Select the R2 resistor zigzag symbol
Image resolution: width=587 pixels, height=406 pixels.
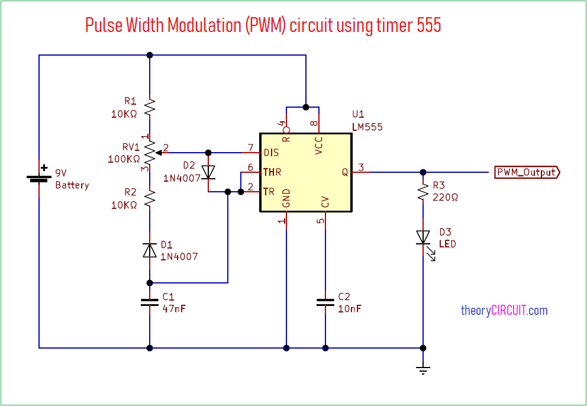[x=150, y=198]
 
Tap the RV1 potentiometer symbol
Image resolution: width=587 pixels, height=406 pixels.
[x=150, y=152]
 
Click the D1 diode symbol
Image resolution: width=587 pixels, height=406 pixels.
[x=150, y=250]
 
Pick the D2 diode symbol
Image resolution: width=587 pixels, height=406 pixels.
[x=208, y=172]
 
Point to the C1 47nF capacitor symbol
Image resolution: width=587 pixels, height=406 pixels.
[x=150, y=302]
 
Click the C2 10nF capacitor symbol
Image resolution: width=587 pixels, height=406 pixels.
[x=325, y=302]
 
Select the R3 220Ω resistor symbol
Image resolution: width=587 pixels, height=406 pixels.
[x=422, y=191]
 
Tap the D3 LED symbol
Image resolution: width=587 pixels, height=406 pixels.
[x=422, y=237]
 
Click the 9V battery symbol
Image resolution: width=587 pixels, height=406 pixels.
[x=39, y=178]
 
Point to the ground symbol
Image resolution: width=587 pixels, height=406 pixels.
[x=422, y=370]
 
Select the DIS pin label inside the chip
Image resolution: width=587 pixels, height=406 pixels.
[x=271, y=153]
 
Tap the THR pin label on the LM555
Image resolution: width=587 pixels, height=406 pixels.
[x=272, y=172]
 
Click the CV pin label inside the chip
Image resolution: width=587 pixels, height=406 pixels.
[x=325, y=201]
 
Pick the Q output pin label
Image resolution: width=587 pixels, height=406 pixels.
[x=344, y=172]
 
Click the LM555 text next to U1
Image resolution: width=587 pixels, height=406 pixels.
[x=367, y=127]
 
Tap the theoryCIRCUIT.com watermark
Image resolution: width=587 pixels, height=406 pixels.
[x=504, y=310]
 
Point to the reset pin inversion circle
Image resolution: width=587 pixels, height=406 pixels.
[x=286, y=130]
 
